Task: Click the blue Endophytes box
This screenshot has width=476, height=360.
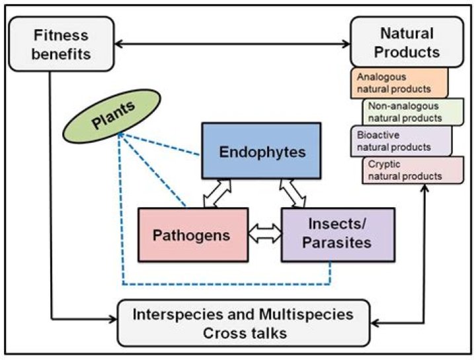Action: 262,152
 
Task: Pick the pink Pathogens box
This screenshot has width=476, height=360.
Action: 192,235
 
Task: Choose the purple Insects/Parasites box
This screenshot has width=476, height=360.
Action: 337,235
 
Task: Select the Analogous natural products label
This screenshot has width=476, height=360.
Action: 399,82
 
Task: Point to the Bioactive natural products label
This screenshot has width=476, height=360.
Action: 399,140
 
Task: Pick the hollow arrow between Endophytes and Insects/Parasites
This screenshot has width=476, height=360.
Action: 294,194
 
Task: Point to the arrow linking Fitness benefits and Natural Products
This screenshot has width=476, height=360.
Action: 232,44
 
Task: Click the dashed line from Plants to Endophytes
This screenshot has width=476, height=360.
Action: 159,145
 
